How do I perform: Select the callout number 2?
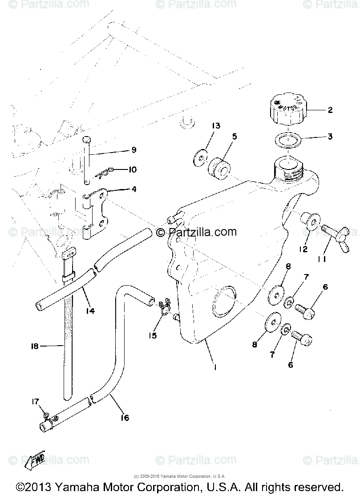(330, 109)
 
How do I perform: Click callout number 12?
(303, 249)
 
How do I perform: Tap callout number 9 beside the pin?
(121, 149)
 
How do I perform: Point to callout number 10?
(132, 169)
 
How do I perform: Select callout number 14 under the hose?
(90, 311)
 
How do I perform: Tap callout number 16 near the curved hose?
(125, 417)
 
